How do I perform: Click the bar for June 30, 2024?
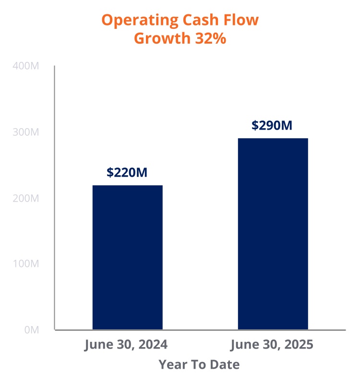[x=127, y=257]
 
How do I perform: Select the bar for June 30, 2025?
[x=273, y=234]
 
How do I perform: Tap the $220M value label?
[x=127, y=172]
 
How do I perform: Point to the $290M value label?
[x=272, y=125]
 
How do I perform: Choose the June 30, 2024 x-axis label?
[x=126, y=345]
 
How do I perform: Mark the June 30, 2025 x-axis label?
[x=272, y=345]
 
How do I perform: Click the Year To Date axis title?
[x=199, y=364]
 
